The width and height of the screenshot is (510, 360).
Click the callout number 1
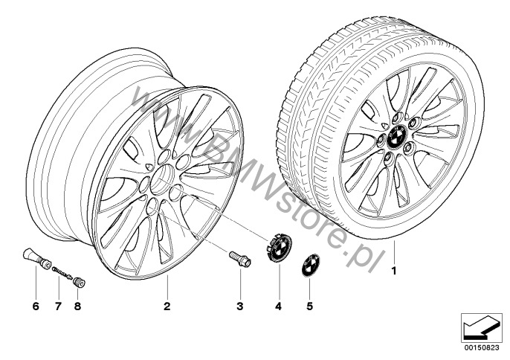click(x=394, y=271)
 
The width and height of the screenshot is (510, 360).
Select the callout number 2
click(x=167, y=306)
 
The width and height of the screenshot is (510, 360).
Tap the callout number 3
click(x=239, y=306)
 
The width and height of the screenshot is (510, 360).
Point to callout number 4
click(x=278, y=306)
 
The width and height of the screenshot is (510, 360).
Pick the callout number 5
click(x=309, y=306)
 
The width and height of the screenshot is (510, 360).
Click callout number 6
click(x=36, y=306)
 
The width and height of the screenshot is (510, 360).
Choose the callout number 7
click(x=58, y=306)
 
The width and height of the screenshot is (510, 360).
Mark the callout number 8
click(x=77, y=306)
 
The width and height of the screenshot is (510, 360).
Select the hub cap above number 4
click(x=279, y=248)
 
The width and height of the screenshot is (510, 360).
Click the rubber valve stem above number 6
click(x=36, y=258)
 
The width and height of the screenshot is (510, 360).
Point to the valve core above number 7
click(x=62, y=272)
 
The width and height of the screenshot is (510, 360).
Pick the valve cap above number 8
click(x=79, y=282)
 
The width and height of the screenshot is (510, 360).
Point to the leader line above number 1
click(x=394, y=252)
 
